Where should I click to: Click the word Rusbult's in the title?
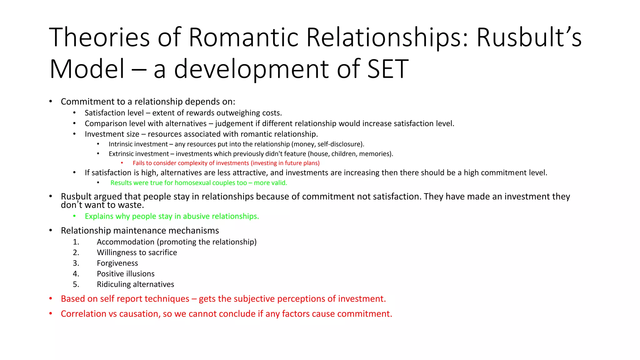(529, 37)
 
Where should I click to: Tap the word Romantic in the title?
(244, 37)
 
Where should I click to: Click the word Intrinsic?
(122, 144)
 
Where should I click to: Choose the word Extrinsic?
(123, 154)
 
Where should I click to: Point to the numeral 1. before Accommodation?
(76, 242)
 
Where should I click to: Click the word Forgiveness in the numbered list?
(117, 263)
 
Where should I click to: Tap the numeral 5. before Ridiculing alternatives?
(76, 284)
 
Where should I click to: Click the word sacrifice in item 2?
(162, 252)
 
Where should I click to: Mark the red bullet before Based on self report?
(51, 298)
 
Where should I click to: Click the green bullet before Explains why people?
(74, 216)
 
